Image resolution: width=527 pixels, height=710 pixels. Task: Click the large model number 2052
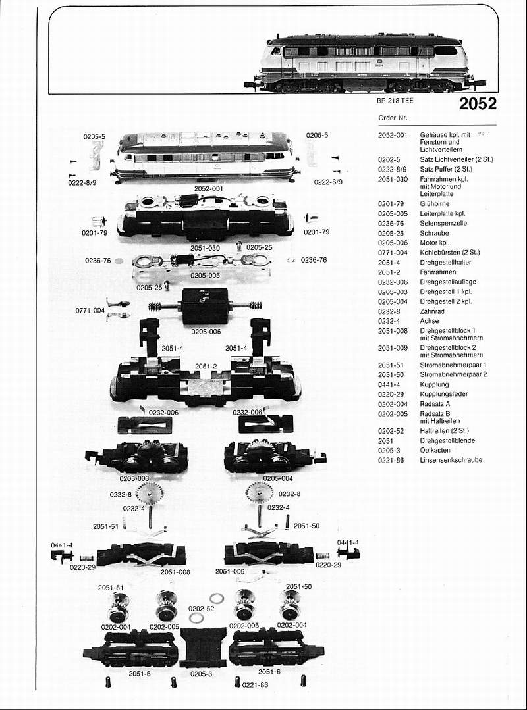(x=478, y=104)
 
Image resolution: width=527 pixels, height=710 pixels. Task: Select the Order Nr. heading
(x=393, y=118)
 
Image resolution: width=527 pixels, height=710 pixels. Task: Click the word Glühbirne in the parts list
(x=435, y=204)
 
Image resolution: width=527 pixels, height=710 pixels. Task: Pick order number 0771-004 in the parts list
(x=393, y=253)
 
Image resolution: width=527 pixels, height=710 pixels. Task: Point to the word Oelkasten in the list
(x=435, y=450)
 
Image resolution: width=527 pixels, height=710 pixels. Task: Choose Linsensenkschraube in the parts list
(x=451, y=460)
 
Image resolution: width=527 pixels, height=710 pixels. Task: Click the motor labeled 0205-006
(x=205, y=307)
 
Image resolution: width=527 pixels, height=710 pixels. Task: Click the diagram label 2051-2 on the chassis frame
(x=206, y=367)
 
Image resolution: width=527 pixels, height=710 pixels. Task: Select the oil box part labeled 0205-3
(x=202, y=647)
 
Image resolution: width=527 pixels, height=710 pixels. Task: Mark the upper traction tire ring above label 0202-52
(x=217, y=599)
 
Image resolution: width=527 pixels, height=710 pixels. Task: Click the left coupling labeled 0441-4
(x=62, y=556)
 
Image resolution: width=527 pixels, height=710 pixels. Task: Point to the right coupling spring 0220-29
(x=322, y=556)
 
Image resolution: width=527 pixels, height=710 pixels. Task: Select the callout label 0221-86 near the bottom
(x=255, y=684)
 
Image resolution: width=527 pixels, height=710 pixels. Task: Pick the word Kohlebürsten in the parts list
(x=437, y=253)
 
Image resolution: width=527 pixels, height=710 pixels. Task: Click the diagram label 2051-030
(x=205, y=248)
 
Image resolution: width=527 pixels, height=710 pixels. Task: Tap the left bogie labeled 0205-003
(x=137, y=457)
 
